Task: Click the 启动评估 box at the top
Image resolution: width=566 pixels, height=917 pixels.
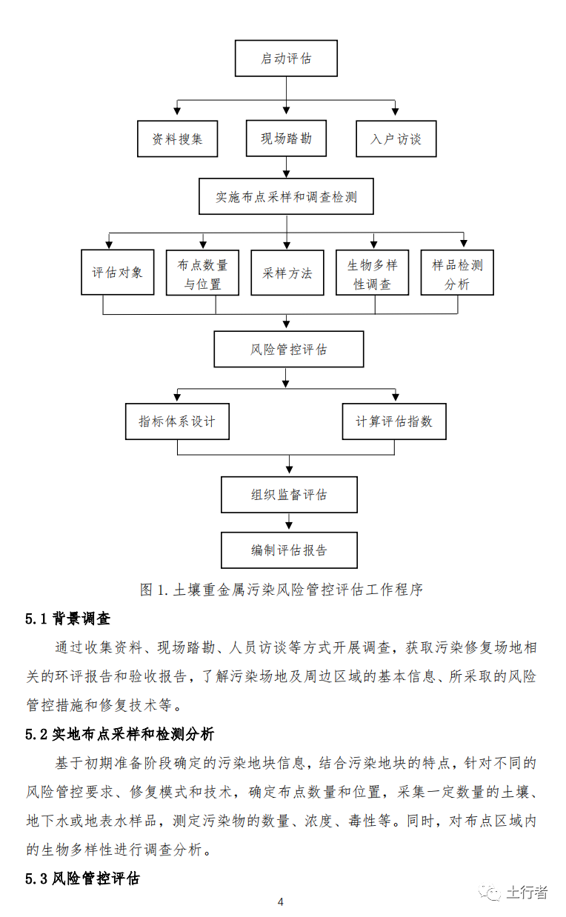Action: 286,59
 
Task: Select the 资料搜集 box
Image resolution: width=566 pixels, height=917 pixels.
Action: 177,139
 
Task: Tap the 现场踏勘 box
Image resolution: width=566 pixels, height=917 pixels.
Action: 286,139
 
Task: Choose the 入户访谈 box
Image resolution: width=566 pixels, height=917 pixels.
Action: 396,139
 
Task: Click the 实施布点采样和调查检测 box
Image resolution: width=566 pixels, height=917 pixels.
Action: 286,197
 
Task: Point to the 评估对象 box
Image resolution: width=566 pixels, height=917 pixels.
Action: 117,273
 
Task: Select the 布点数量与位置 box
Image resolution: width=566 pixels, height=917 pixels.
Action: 202,273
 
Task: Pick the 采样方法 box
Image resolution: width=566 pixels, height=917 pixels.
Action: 287,273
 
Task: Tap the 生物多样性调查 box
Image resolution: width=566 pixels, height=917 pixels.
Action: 372,273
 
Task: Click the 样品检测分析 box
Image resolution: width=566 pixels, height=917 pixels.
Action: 457,273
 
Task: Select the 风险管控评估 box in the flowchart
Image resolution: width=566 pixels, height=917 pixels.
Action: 288,349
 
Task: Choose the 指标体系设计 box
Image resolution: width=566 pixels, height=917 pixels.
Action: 177,421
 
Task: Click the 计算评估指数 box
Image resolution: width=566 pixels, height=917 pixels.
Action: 394,421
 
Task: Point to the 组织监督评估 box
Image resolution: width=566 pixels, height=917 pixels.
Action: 289,495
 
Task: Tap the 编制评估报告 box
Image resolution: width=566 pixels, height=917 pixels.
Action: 289,550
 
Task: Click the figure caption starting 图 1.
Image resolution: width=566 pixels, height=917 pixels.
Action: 282,590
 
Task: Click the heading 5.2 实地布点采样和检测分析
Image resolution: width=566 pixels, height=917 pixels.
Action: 120,734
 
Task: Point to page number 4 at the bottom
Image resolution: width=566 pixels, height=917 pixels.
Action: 280,901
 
